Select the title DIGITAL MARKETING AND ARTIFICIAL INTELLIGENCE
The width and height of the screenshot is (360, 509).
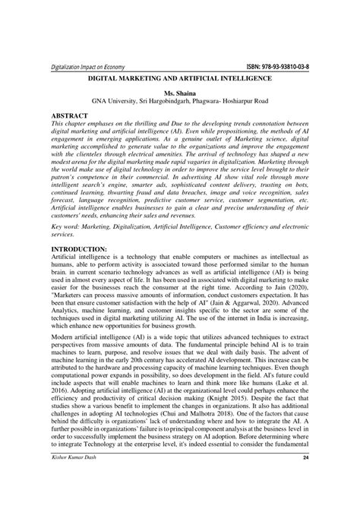click(180, 79)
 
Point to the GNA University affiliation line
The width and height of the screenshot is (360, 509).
click(180, 101)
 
